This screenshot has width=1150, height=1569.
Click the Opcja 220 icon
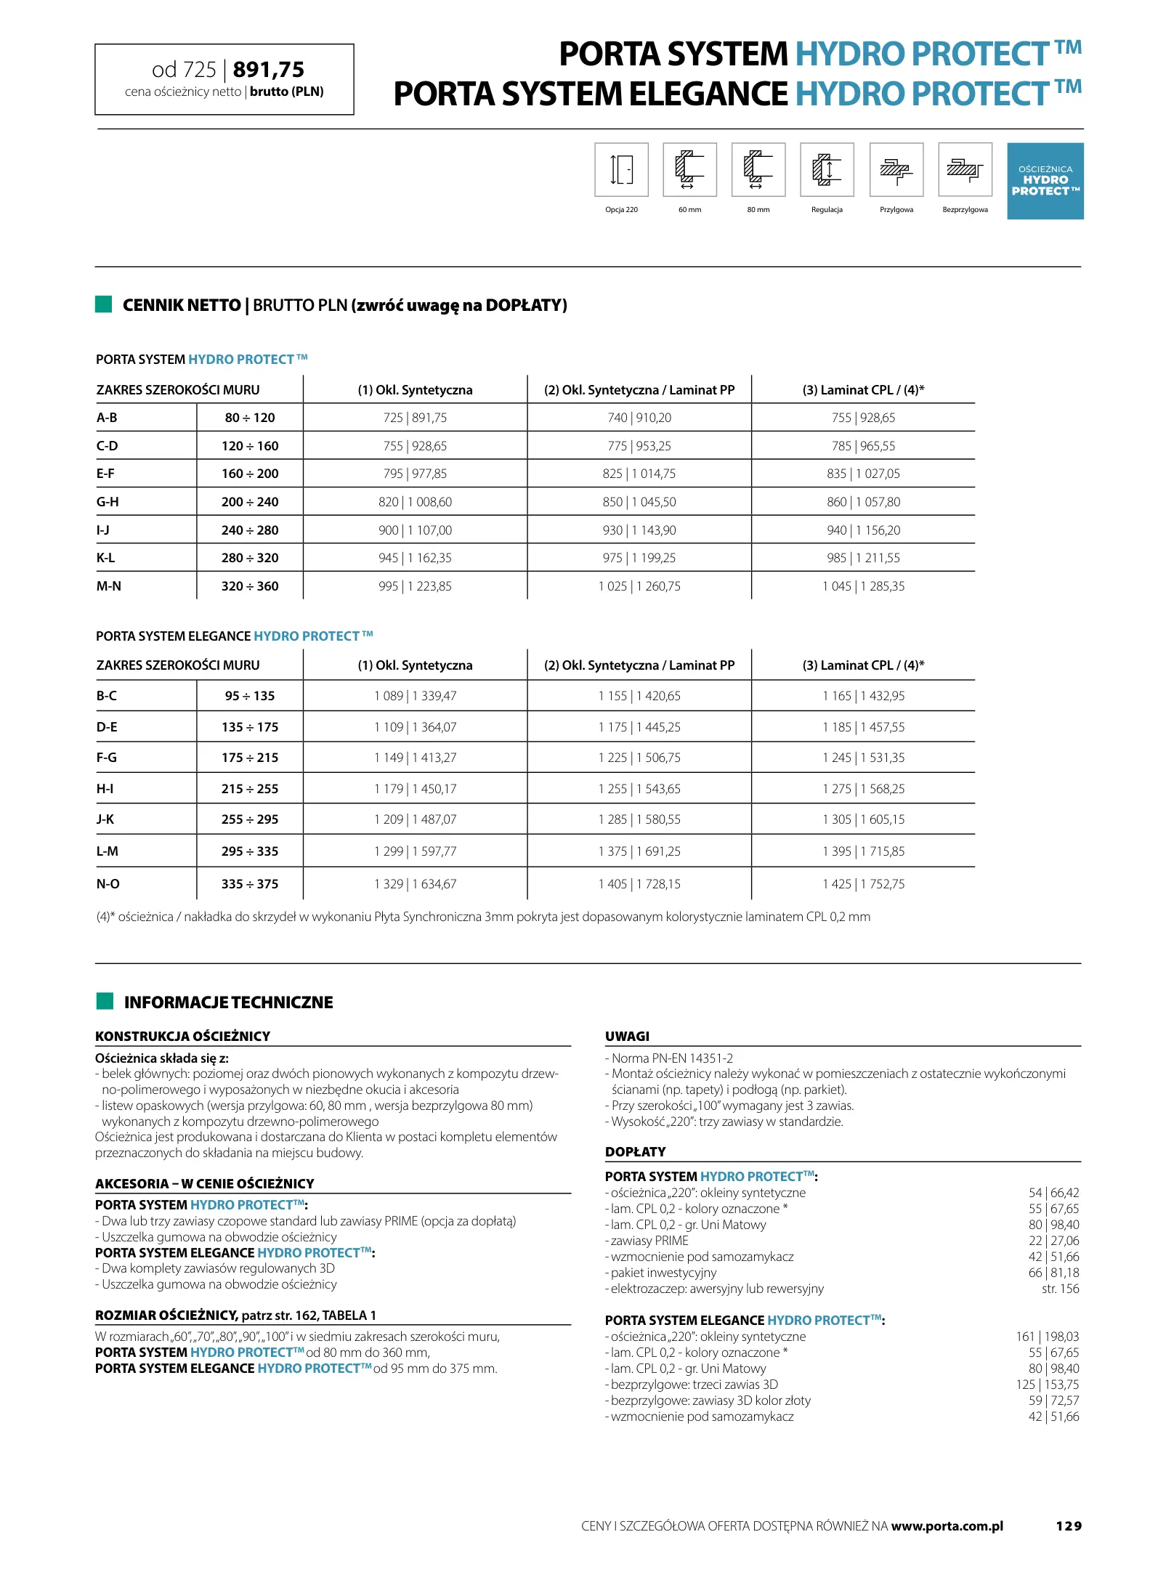click(x=621, y=170)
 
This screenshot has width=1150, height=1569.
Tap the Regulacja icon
click(x=827, y=170)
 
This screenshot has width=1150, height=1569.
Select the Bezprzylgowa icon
click(x=965, y=170)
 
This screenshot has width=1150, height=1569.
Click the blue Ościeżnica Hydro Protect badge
click(x=1045, y=181)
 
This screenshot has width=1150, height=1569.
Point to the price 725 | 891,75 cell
click(x=415, y=418)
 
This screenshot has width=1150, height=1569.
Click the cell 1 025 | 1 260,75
click(x=639, y=586)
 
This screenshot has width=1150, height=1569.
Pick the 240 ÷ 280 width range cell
click(x=250, y=530)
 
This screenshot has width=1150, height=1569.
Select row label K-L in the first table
click(x=106, y=558)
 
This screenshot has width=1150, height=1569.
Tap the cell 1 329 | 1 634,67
click(x=415, y=884)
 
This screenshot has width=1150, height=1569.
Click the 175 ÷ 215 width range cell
click(x=250, y=758)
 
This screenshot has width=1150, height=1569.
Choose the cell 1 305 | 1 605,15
click(x=863, y=819)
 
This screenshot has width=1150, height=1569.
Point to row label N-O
click(x=108, y=884)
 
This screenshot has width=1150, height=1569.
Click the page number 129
click(x=1068, y=1526)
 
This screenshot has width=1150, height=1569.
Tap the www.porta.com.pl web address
click(x=947, y=1526)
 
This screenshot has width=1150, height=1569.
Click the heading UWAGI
click(x=627, y=1037)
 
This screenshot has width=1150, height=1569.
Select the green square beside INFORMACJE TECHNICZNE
click(x=105, y=1001)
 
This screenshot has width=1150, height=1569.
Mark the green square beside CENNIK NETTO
click(x=104, y=304)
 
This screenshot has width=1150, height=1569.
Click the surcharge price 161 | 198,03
click(x=1047, y=1337)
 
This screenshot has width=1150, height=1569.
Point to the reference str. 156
click(x=1060, y=1289)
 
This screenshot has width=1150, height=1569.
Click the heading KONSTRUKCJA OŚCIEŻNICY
click(x=182, y=1037)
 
